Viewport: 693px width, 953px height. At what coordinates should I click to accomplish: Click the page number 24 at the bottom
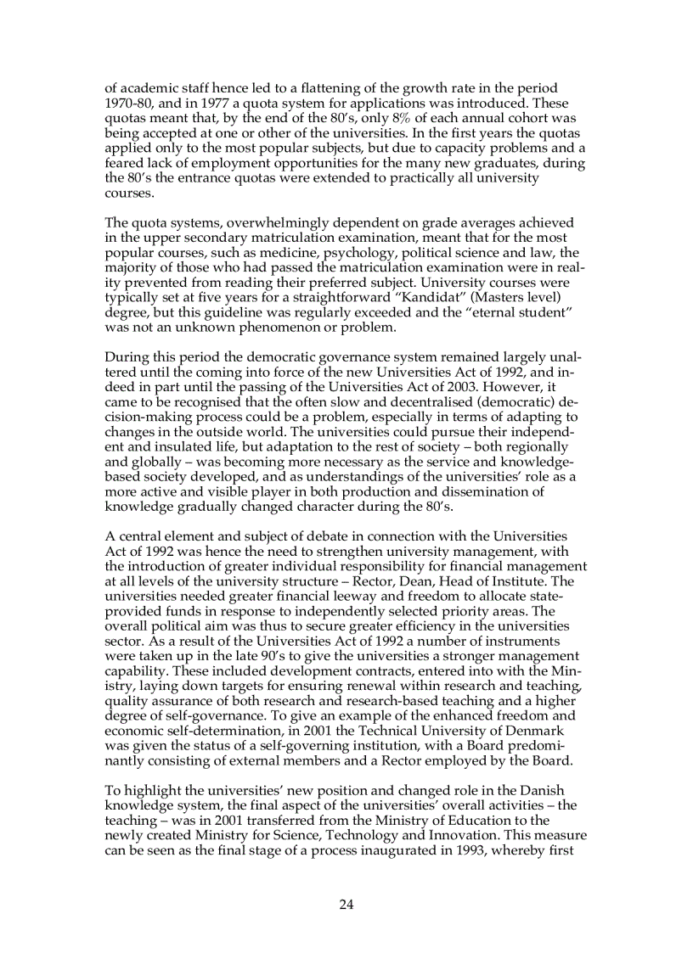click(x=346, y=905)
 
